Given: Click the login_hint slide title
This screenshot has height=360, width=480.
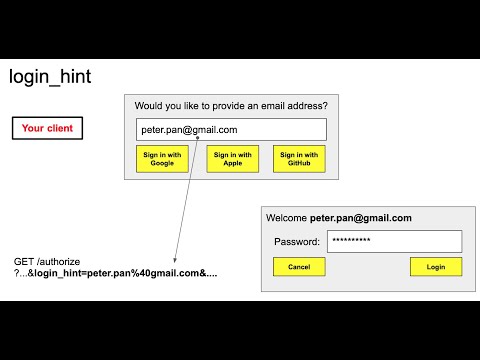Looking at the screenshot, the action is pos(50,77).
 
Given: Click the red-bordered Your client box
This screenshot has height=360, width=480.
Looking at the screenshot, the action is pos(47,129).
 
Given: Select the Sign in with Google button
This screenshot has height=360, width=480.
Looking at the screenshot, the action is pos(162,159).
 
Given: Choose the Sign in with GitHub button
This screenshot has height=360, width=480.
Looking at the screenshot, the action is pos(299,159).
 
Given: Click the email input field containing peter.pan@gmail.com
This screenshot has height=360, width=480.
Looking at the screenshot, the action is pos(231,130).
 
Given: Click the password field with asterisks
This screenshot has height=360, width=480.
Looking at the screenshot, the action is pos(394,241).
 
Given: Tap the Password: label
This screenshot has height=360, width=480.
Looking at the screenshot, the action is pos(297,241).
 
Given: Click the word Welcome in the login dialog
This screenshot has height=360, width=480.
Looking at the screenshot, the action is pos(286,217).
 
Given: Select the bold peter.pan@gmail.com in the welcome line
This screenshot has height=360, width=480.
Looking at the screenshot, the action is pos(360,217).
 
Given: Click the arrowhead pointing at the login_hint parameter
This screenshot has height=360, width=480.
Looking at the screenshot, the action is pos(175,263).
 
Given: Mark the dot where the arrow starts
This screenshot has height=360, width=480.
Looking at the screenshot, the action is pos(198,138).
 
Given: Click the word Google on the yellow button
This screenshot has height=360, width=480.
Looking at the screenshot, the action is pos(162,163).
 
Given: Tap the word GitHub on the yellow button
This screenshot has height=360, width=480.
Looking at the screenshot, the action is pos(299,163).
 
